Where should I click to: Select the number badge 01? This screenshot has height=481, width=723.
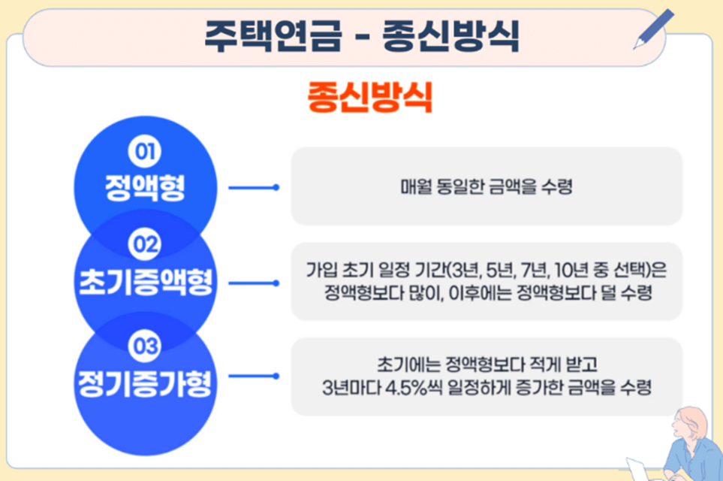click(x=144, y=152)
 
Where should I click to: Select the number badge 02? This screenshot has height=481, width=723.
click(x=144, y=244)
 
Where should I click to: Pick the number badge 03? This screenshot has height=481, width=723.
click(x=144, y=346)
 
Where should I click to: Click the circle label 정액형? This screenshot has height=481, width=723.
click(x=144, y=186)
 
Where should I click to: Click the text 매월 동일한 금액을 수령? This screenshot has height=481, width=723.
click(x=487, y=186)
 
